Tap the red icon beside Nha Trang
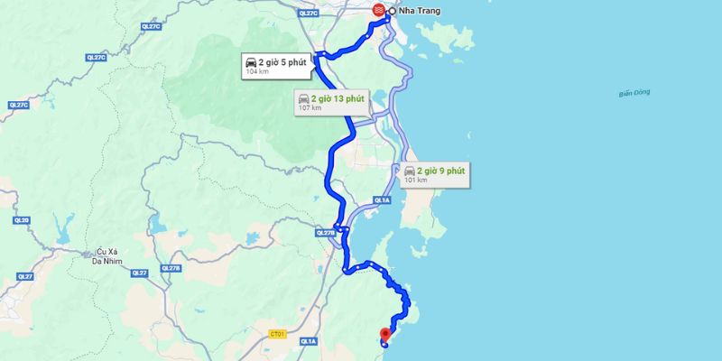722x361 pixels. click(x=378, y=10)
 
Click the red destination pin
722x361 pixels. click(x=385, y=333)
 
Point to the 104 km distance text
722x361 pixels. click(x=257, y=72)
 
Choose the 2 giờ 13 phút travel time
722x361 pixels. click(x=336, y=97)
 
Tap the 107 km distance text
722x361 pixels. click(x=310, y=108)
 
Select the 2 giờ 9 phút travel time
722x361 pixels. click(x=441, y=170)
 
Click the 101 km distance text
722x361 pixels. click(x=416, y=180)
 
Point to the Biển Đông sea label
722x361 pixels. click(x=634, y=94)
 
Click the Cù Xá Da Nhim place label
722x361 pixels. click(x=106, y=256)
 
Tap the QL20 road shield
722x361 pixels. click(x=22, y=220)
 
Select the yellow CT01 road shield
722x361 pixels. click(x=278, y=334)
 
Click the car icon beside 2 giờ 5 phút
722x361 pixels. click(x=251, y=61)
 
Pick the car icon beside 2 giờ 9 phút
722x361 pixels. click(x=411, y=171)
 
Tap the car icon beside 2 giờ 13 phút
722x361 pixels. click(x=304, y=97)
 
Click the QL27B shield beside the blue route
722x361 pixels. click(x=325, y=232)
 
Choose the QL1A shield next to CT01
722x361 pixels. click(x=309, y=341)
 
